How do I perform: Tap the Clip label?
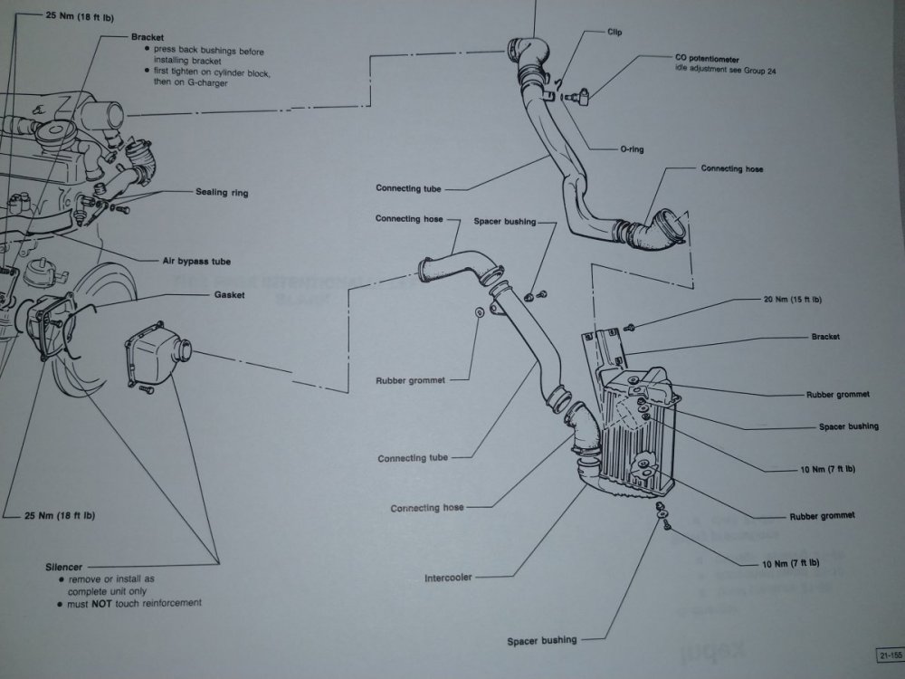pyautogui.click(x=615, y=32)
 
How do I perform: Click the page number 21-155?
pyautogui.click(x=888, y=655)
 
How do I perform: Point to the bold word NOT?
pyautogui.click(x=100, y=603)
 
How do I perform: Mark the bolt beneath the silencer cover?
pyautogui.click(x=146, y=390)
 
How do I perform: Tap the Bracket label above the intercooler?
pyautogui.click(x=825, y=337)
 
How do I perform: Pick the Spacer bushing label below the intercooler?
pyautogui.click(x=541, y=640)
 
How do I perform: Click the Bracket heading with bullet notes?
pyautogui.click(x=147, y=38)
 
